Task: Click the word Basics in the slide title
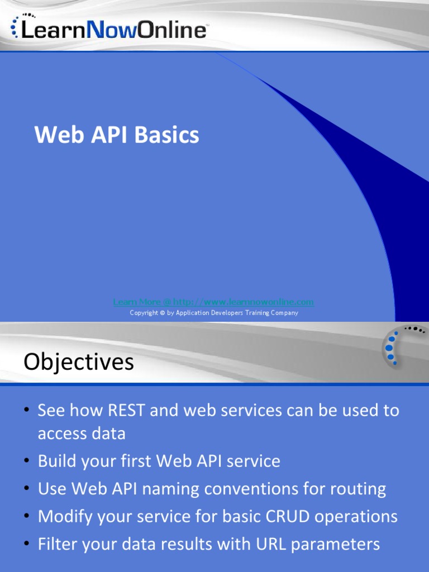point(169,135)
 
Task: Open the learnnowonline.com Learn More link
point(213,302)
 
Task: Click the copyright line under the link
point(214,313)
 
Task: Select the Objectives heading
point(79,362)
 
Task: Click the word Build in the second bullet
point(58,461)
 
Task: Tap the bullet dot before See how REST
point(26,411)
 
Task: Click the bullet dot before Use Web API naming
point(26,489)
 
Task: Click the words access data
point(82,433)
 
